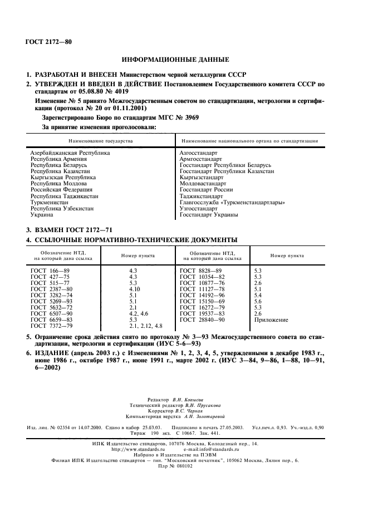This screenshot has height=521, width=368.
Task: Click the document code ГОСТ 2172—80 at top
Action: tap(48, 42)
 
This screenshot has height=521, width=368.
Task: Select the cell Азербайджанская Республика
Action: tap(70, 152)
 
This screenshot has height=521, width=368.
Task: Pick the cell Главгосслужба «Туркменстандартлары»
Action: tap(225, 203)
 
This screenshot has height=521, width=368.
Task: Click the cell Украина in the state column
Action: tap(42, 215)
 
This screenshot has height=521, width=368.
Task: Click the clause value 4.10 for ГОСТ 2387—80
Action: tap(134, 289)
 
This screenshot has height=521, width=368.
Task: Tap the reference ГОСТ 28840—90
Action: tap(202, 321)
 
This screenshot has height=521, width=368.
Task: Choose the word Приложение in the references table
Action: tap(271, 321)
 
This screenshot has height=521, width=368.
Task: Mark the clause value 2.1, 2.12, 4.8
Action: tap(145, 327)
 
